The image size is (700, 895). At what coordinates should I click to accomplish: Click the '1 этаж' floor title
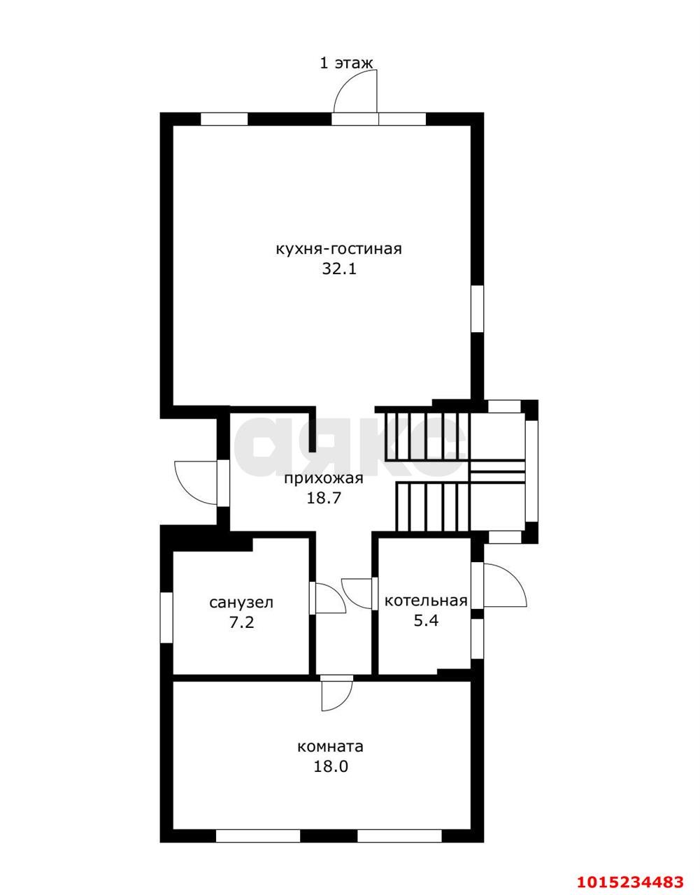coord(346,64)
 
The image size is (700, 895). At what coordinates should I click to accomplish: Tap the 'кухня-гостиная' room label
coord(338,250)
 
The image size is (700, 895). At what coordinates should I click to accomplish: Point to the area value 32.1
coord(339,269)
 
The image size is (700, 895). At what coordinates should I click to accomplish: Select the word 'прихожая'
coord(324,478)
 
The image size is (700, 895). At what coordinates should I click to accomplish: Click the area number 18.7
coord(324,499)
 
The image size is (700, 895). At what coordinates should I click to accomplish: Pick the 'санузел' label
coord(241,603)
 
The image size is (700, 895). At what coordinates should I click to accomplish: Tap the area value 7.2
coord(242,622)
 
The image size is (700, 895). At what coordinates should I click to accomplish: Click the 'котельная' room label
coord(426,601)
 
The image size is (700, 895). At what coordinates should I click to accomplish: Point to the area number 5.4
coord(426,620)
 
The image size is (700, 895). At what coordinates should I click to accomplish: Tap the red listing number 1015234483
coord(630,878)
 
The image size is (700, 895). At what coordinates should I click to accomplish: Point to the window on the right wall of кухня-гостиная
coord(477,308)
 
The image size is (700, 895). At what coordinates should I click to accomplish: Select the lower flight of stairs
coord(432,507)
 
